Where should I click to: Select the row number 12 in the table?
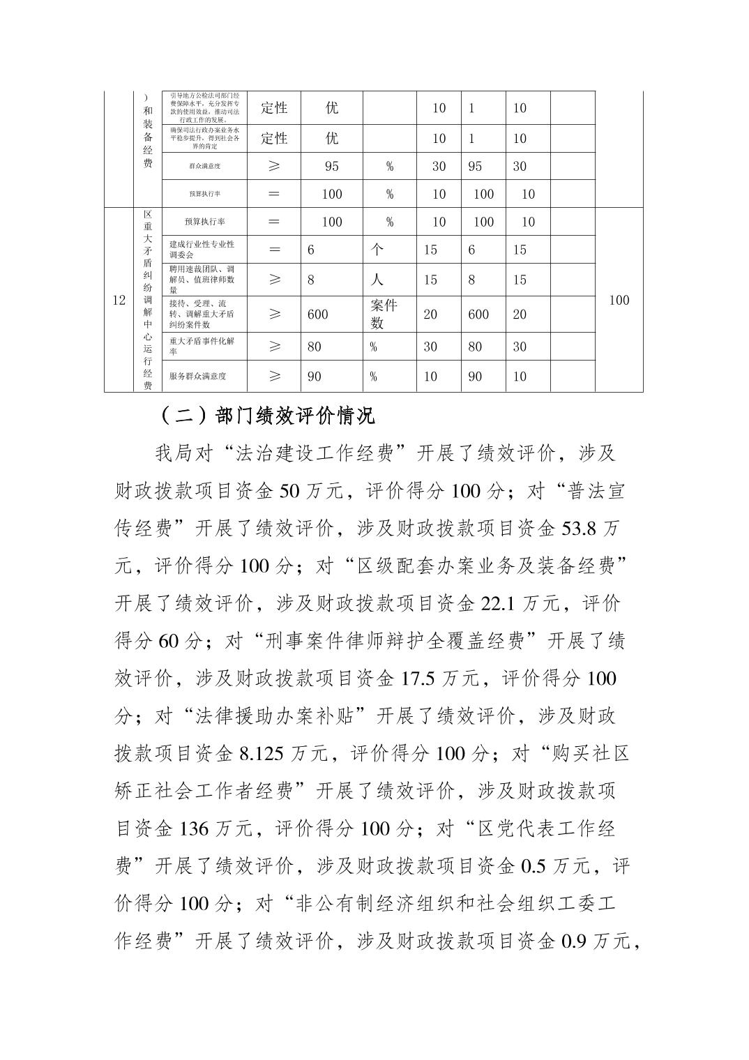(119, 300)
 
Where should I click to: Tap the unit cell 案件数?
(384, 314)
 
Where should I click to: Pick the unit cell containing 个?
(377, 250)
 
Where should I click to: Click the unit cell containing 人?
(377, 280)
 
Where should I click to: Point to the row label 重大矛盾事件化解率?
(202, 347)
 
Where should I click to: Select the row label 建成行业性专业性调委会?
(202, 250)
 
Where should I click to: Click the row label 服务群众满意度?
(198, 377)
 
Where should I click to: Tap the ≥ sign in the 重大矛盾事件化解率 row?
(274, 347)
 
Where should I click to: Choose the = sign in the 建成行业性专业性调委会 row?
(274, 250)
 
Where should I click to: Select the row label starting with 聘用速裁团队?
(202, 280)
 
